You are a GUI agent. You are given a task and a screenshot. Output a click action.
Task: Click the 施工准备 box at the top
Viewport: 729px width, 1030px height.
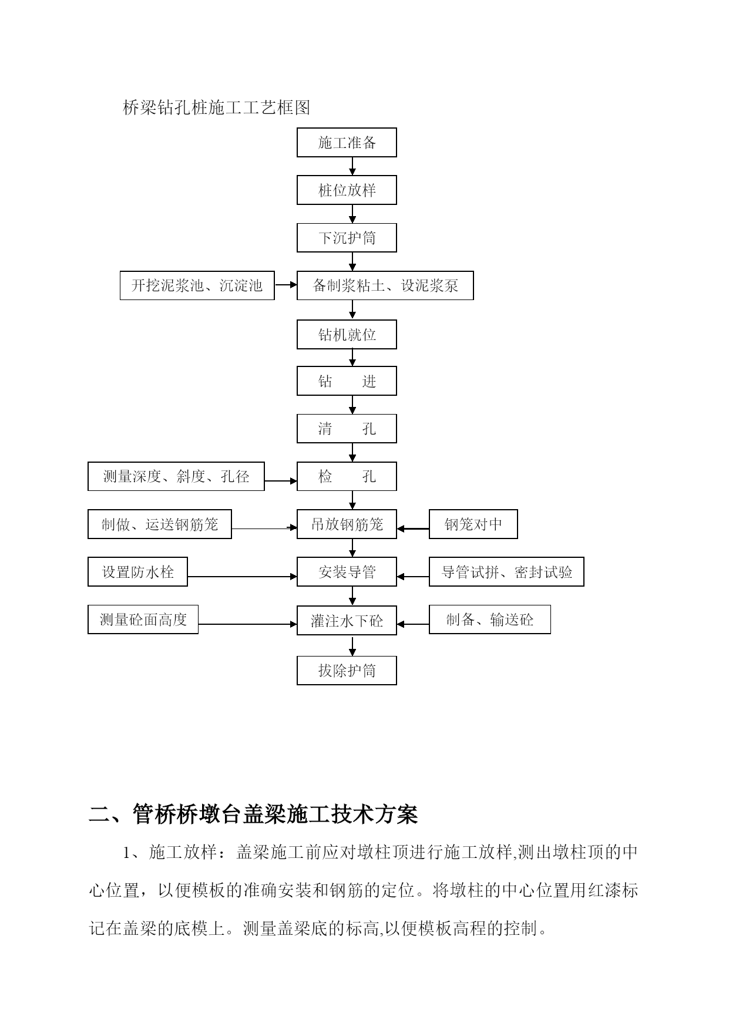coord(347,142)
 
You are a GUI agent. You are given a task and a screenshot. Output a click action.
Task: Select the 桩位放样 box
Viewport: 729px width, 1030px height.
coord(347,190)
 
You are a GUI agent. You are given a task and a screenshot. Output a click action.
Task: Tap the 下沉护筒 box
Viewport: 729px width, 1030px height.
coord(347,237)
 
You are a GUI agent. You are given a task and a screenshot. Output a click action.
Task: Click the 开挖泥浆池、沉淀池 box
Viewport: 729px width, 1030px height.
coord(197,285)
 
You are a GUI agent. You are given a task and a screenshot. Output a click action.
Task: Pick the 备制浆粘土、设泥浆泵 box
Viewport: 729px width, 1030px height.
coord(385,285)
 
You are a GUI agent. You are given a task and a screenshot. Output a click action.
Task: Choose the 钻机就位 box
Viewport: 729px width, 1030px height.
coord(347,334)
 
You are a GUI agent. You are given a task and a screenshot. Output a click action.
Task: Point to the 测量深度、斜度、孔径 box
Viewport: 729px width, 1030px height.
coord(176,476)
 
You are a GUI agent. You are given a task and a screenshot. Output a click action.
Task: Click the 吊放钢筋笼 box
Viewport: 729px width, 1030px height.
coord(347,524)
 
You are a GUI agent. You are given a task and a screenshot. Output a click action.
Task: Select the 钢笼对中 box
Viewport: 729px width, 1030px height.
coord(473,524)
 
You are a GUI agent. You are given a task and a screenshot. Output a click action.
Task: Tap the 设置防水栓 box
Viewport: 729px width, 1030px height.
coord(137,571)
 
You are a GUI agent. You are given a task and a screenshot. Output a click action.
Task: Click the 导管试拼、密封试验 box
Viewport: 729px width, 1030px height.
coord(506,571)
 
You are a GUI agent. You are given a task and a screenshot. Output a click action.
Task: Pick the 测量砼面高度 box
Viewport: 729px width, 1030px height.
coord(143,620)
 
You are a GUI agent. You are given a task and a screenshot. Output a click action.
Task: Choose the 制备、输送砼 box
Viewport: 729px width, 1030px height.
coord(490,620)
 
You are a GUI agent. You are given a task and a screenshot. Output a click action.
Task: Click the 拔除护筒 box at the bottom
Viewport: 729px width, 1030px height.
coord(347,670)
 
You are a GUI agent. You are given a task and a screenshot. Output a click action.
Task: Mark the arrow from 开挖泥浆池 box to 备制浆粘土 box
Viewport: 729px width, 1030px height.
coord(286,285)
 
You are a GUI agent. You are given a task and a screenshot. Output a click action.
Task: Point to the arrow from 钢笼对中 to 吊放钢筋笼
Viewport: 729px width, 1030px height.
coord(413,529)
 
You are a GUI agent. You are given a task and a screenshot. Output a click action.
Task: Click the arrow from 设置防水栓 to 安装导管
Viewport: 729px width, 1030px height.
coord(243,577)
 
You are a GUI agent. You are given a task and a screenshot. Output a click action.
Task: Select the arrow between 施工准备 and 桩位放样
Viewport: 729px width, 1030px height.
coord(352,166)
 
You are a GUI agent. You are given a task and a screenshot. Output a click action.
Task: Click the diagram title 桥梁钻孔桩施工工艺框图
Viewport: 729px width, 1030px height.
coord(216,107)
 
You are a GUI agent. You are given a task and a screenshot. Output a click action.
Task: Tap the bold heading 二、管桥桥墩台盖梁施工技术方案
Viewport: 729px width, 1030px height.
coord(253,814)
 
